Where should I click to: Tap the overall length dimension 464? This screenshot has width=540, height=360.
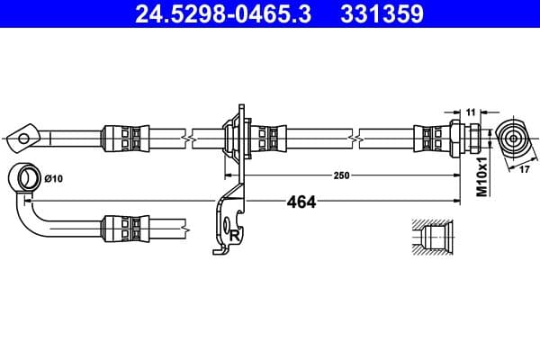pos(301,202)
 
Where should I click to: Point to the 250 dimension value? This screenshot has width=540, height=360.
pos(341,175)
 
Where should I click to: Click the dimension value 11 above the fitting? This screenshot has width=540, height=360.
pos(471,111)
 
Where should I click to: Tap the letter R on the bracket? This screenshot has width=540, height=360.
pos(234,235)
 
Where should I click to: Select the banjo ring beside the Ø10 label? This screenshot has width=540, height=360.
pos(23,176)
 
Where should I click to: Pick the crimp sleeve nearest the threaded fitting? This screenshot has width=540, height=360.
pos(427,138)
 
